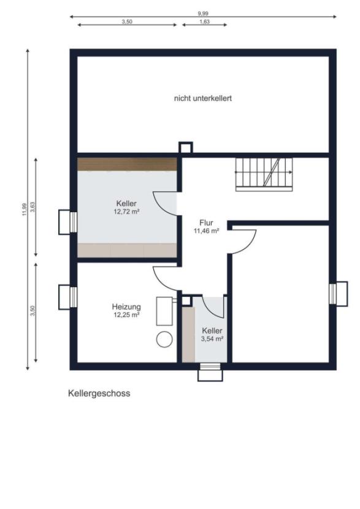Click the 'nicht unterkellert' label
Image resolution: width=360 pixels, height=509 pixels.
point(202,98)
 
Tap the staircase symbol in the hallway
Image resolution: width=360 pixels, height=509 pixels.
point(264,173)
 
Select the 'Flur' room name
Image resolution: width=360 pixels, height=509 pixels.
point(206,223)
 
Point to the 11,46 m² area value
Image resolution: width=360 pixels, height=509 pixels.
point(206,231)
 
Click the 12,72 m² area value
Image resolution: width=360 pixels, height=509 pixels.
point(126,212)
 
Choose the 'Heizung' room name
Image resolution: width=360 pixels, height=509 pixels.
point(126,306)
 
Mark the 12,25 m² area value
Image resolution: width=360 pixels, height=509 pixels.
point(126,315)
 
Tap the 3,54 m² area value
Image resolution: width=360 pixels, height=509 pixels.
point(212,339)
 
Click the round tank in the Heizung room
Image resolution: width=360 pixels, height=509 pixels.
point(164,339)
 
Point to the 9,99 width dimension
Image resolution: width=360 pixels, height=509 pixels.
point(203,13)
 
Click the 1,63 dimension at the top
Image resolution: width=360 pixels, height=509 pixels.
point(205,21)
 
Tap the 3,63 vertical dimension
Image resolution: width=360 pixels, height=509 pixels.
point(33,207)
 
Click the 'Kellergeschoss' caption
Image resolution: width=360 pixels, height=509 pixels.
point(99,394)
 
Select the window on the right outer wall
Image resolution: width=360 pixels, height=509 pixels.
point(334,293)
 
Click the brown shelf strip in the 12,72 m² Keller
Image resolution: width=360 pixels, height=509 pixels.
point(127,164)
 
